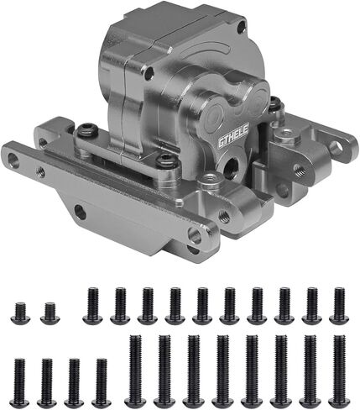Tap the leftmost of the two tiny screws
(20, 313)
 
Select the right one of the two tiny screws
(50, 313)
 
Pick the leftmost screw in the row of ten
(93, 306)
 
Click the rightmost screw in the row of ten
(339, 306)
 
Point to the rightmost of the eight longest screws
(339, 371)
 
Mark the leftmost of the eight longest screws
(135, 371)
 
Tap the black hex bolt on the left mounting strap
(87, 130)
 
